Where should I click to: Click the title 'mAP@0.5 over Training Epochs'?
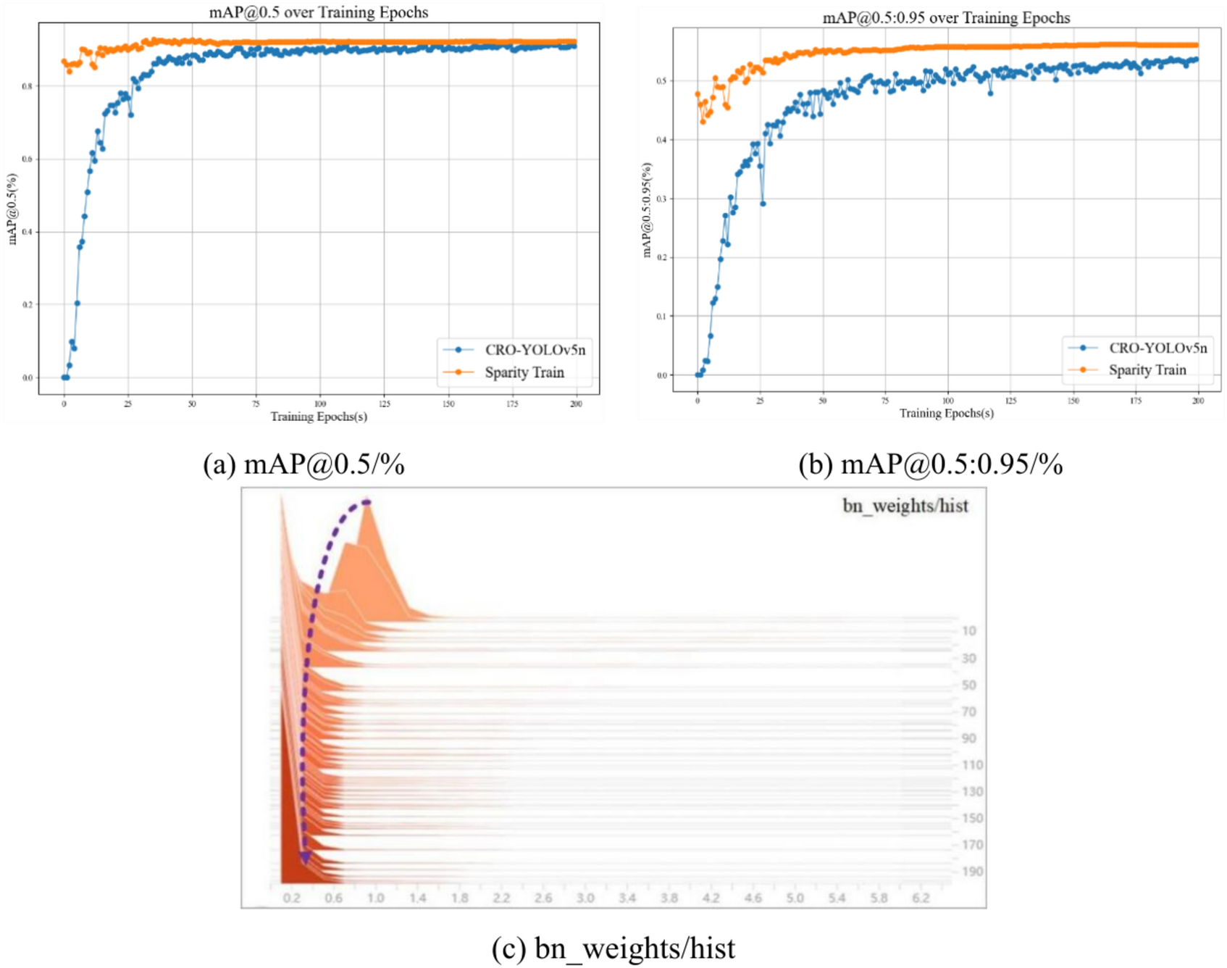point(318,12)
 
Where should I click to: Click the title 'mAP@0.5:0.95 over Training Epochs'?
point(946,18)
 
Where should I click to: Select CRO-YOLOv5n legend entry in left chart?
point(535,350)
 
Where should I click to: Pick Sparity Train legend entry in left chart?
point(524,372)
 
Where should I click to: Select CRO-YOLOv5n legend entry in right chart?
point(1157,348)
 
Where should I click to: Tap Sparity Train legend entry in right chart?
point(1147,370)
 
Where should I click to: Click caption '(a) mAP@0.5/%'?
point(303,464)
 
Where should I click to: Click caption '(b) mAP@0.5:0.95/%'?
point(930,464)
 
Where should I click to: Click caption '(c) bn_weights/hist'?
point(613,948)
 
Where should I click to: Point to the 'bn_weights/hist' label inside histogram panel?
point(905,506)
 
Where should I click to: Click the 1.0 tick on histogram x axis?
point(375,898)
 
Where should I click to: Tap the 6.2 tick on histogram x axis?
point(921,898)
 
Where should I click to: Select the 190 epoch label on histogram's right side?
point(972,872)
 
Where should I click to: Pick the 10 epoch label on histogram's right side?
point(969,631)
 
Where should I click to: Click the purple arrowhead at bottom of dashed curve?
point(305,858)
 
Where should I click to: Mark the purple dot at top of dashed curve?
point(367,502)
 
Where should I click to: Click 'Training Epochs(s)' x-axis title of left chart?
point(319,417)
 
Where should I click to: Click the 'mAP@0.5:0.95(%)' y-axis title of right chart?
point(647,210)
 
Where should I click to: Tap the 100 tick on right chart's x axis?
point(947,401)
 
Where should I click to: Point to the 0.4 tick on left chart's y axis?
point(27,232)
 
